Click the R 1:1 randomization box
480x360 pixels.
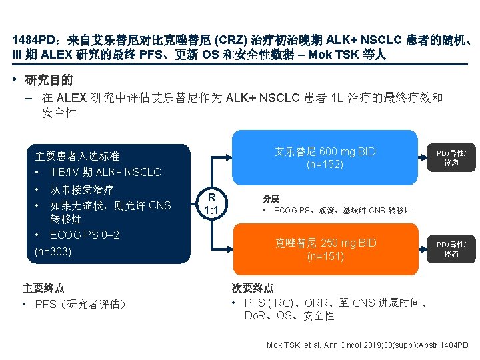point(211,203)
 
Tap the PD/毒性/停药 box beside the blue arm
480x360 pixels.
point(451,157)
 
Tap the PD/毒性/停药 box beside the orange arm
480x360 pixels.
point(451,249)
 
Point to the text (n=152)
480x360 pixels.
point(325,165)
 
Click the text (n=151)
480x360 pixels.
point(325,256)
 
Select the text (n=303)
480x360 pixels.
point(53,251)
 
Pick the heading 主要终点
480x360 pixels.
point(43,288)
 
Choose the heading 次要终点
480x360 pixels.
point(253,288)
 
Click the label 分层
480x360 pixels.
point(271,198)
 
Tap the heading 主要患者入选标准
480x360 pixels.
point(77,156)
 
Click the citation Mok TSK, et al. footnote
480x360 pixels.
point(367,345)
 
